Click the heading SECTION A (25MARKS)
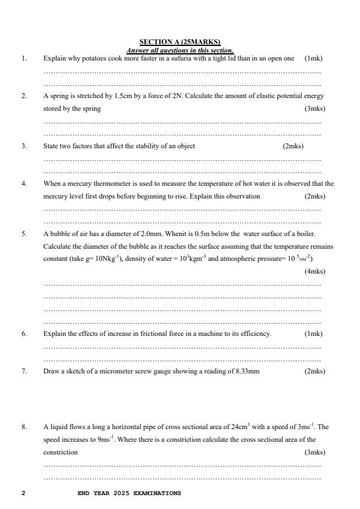pos(180,42)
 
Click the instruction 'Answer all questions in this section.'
pos(180,50)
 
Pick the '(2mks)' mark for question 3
pos(293,146)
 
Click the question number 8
pos(24,426)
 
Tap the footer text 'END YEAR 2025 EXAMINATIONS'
pos(129,493)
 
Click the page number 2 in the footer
pos(23,493)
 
